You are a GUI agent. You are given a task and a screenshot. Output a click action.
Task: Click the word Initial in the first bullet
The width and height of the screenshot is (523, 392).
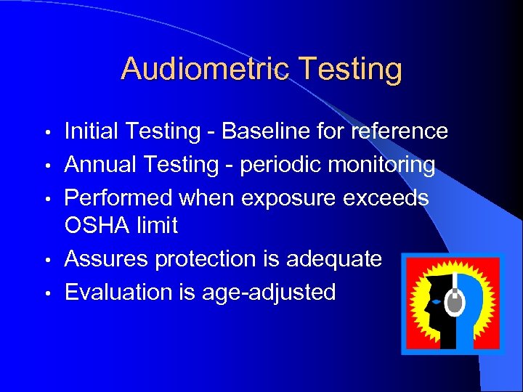[90, 131]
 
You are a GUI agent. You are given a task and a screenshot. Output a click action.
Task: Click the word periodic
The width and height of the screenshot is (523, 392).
[276, 165]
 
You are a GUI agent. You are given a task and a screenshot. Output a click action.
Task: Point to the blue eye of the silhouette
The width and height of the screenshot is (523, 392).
[436, 301]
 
